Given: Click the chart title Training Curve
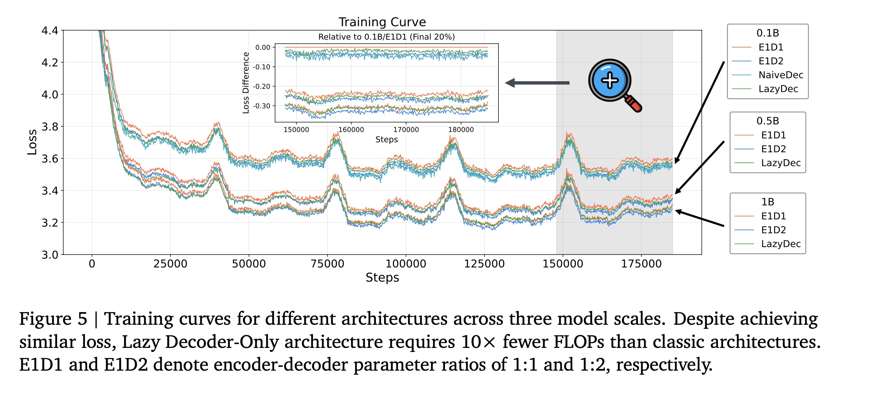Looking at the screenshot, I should coord(382,22).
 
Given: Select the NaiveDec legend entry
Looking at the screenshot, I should coord(780,75).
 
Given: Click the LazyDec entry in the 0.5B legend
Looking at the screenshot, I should coord(780,163).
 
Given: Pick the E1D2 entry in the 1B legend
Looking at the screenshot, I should coord(773,230).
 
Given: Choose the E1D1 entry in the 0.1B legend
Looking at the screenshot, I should coord(771,47).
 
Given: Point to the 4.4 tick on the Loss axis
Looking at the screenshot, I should coord(50,31).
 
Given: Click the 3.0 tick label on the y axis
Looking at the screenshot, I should coord(50,255).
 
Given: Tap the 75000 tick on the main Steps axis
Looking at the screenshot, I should coord(327,264).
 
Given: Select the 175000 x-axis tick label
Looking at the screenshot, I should coord(641,264).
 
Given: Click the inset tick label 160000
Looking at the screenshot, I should coord(351,130).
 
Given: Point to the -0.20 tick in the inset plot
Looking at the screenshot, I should coord(262,86).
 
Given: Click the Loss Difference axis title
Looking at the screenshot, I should coord(246,83).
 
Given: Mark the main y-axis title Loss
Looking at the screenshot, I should coord(32,142).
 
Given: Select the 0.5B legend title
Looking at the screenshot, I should coord(767,121).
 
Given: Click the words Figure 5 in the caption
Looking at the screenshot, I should coord(53,318).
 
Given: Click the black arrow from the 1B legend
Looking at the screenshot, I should coord(700,218).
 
